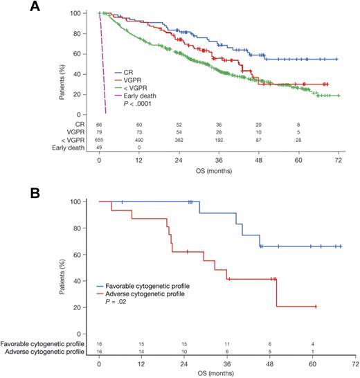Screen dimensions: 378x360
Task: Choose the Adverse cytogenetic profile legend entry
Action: [x=143, y=294]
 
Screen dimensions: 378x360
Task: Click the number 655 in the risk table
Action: [x=100, y=140]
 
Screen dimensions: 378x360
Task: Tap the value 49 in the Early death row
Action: [x=100, y=148]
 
